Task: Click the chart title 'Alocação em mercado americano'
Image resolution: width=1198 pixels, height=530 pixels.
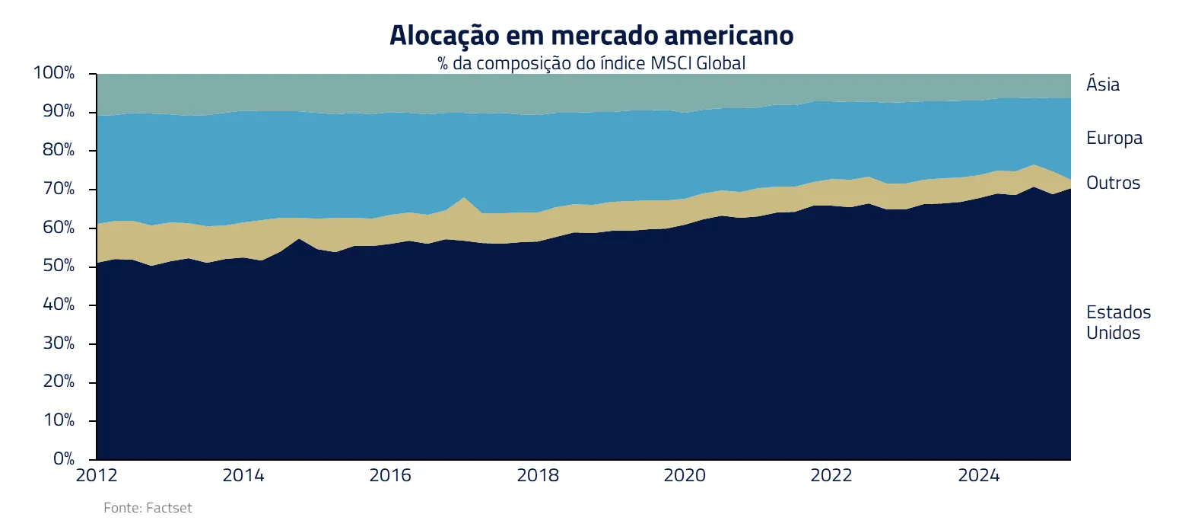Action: [x=591, y=36]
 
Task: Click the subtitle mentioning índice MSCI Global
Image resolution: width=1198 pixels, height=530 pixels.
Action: [x=591, y=63]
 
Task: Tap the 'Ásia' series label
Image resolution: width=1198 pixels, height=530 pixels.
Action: [x=1102, y=85]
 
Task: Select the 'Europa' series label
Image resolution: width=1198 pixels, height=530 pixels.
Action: [x=1114, y=138]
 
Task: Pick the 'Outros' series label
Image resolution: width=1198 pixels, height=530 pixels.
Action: [x=1113, y=183]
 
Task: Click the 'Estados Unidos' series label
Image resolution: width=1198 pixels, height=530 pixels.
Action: [x=1117, y=322]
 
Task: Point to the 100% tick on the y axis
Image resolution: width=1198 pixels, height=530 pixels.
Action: [x=54, y=73]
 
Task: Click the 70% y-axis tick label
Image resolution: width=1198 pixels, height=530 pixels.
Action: [x=58, y=189]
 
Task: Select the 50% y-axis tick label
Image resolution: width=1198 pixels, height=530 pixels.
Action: [x=58, y=266]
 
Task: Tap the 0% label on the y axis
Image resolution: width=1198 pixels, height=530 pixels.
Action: [x=63, y=458]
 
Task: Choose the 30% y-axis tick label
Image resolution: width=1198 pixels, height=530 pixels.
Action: [x=58, y=343]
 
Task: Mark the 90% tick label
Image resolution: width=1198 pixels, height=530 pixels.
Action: [x=58, y=111]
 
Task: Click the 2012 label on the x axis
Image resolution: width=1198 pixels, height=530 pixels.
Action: [x=97, y=475]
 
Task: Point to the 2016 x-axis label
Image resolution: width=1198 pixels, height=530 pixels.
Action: [x=390, y=475]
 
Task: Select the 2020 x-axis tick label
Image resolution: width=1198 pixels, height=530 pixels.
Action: [x=685, y=475]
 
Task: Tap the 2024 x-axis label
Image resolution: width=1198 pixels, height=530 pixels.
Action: [x=978, y=475]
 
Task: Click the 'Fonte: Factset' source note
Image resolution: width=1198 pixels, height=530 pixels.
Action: [x=148, y=508]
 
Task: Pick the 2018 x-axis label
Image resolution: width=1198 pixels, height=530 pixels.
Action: [x=538, y=475]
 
